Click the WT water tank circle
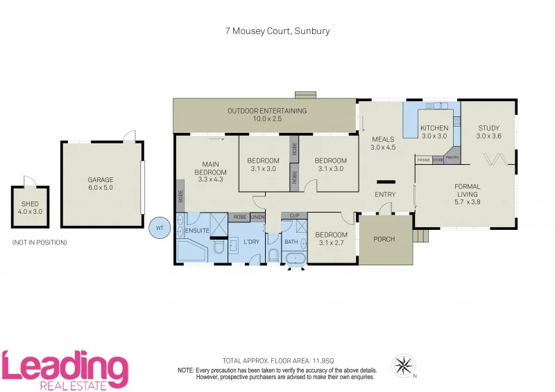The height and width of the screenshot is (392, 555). click(x=160, y=227)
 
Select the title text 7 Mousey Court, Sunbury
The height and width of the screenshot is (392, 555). click(x=277, y=31)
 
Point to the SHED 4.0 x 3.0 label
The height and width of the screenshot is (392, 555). click(x=30, y=207)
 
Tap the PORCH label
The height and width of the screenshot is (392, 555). click(x=384, y=239)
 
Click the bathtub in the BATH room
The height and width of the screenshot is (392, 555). click(x=296, y=259)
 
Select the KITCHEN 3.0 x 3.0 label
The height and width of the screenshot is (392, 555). click(x=435, y=132)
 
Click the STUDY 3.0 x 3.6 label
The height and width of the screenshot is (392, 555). click(x=488, y=132)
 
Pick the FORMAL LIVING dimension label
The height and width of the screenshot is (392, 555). click(x=467, y=194)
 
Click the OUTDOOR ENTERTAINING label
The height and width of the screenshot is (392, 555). click(x=267, y=115)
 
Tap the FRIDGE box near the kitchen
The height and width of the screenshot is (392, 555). click(x=423, y=160)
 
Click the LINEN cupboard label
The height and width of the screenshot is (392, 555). click(x=257, y=217)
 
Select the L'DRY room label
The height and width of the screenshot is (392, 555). click(x=251, y=242)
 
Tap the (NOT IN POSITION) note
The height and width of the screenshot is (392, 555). click(x=40, y=242)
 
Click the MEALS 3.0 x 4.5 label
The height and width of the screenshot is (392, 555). click(x=382, y=143)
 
